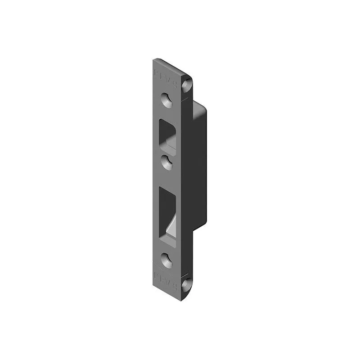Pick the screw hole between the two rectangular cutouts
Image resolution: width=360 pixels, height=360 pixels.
tap(167, 162)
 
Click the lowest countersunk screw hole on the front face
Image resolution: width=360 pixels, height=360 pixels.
tap(167, 260)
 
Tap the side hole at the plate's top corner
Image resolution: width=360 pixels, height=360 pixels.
tap(187, 84)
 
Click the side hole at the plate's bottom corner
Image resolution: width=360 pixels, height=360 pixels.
tap(186, 284)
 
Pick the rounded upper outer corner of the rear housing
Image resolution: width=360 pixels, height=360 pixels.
tap(205, 108)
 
